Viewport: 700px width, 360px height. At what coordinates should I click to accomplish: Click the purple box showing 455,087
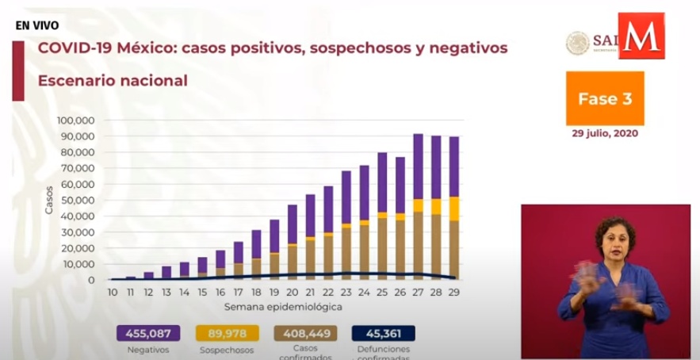147,333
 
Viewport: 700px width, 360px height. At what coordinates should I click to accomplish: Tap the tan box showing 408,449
305,333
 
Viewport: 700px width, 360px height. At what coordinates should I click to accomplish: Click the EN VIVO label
35,25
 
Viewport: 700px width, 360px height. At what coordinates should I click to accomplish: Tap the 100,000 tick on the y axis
76,121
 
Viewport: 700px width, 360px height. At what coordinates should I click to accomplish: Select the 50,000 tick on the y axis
78,201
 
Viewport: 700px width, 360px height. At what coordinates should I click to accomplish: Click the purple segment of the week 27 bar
418,167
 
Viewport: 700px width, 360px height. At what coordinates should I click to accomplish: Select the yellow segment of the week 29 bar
453,209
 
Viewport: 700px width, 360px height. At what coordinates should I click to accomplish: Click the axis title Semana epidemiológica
282,305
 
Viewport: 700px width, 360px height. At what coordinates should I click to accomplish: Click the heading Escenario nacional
112,81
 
